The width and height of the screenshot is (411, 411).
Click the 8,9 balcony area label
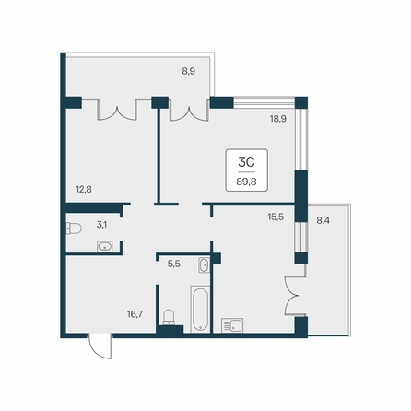coord(189,71)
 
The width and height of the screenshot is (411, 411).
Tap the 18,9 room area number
coord(278,119)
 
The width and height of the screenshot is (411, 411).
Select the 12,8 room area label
coord(84,189)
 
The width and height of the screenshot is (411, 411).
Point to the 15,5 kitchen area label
coord(276,217)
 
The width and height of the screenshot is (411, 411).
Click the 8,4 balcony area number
coord(323,220)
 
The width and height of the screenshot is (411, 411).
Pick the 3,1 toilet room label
coord(101,225)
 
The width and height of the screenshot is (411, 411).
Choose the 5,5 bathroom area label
coord(174,264)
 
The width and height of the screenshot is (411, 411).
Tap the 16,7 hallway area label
coord(135,314)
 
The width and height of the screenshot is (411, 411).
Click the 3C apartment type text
coord(246,162)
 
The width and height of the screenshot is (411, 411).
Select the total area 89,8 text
coord(246,182)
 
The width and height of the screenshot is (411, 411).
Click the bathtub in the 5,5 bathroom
coord(200,309)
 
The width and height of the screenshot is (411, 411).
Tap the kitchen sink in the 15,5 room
coord(232,325)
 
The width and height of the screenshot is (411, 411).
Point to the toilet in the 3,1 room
coord(74,229)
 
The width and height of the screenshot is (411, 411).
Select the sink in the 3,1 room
coord(105,247)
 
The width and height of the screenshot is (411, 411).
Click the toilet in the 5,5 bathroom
coord(169,317)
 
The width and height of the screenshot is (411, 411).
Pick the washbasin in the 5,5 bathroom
coord(204,265)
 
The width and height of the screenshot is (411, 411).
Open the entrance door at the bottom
coord(100,346)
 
